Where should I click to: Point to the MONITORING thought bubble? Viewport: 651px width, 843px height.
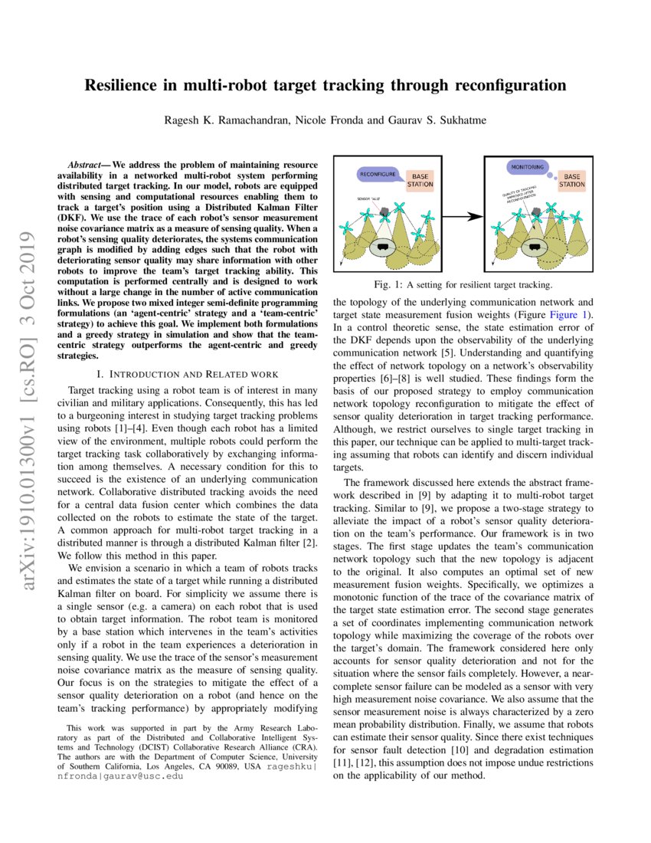526,166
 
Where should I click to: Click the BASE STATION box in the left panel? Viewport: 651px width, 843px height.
420,179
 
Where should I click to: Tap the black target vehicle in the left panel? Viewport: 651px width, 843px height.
381,247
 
